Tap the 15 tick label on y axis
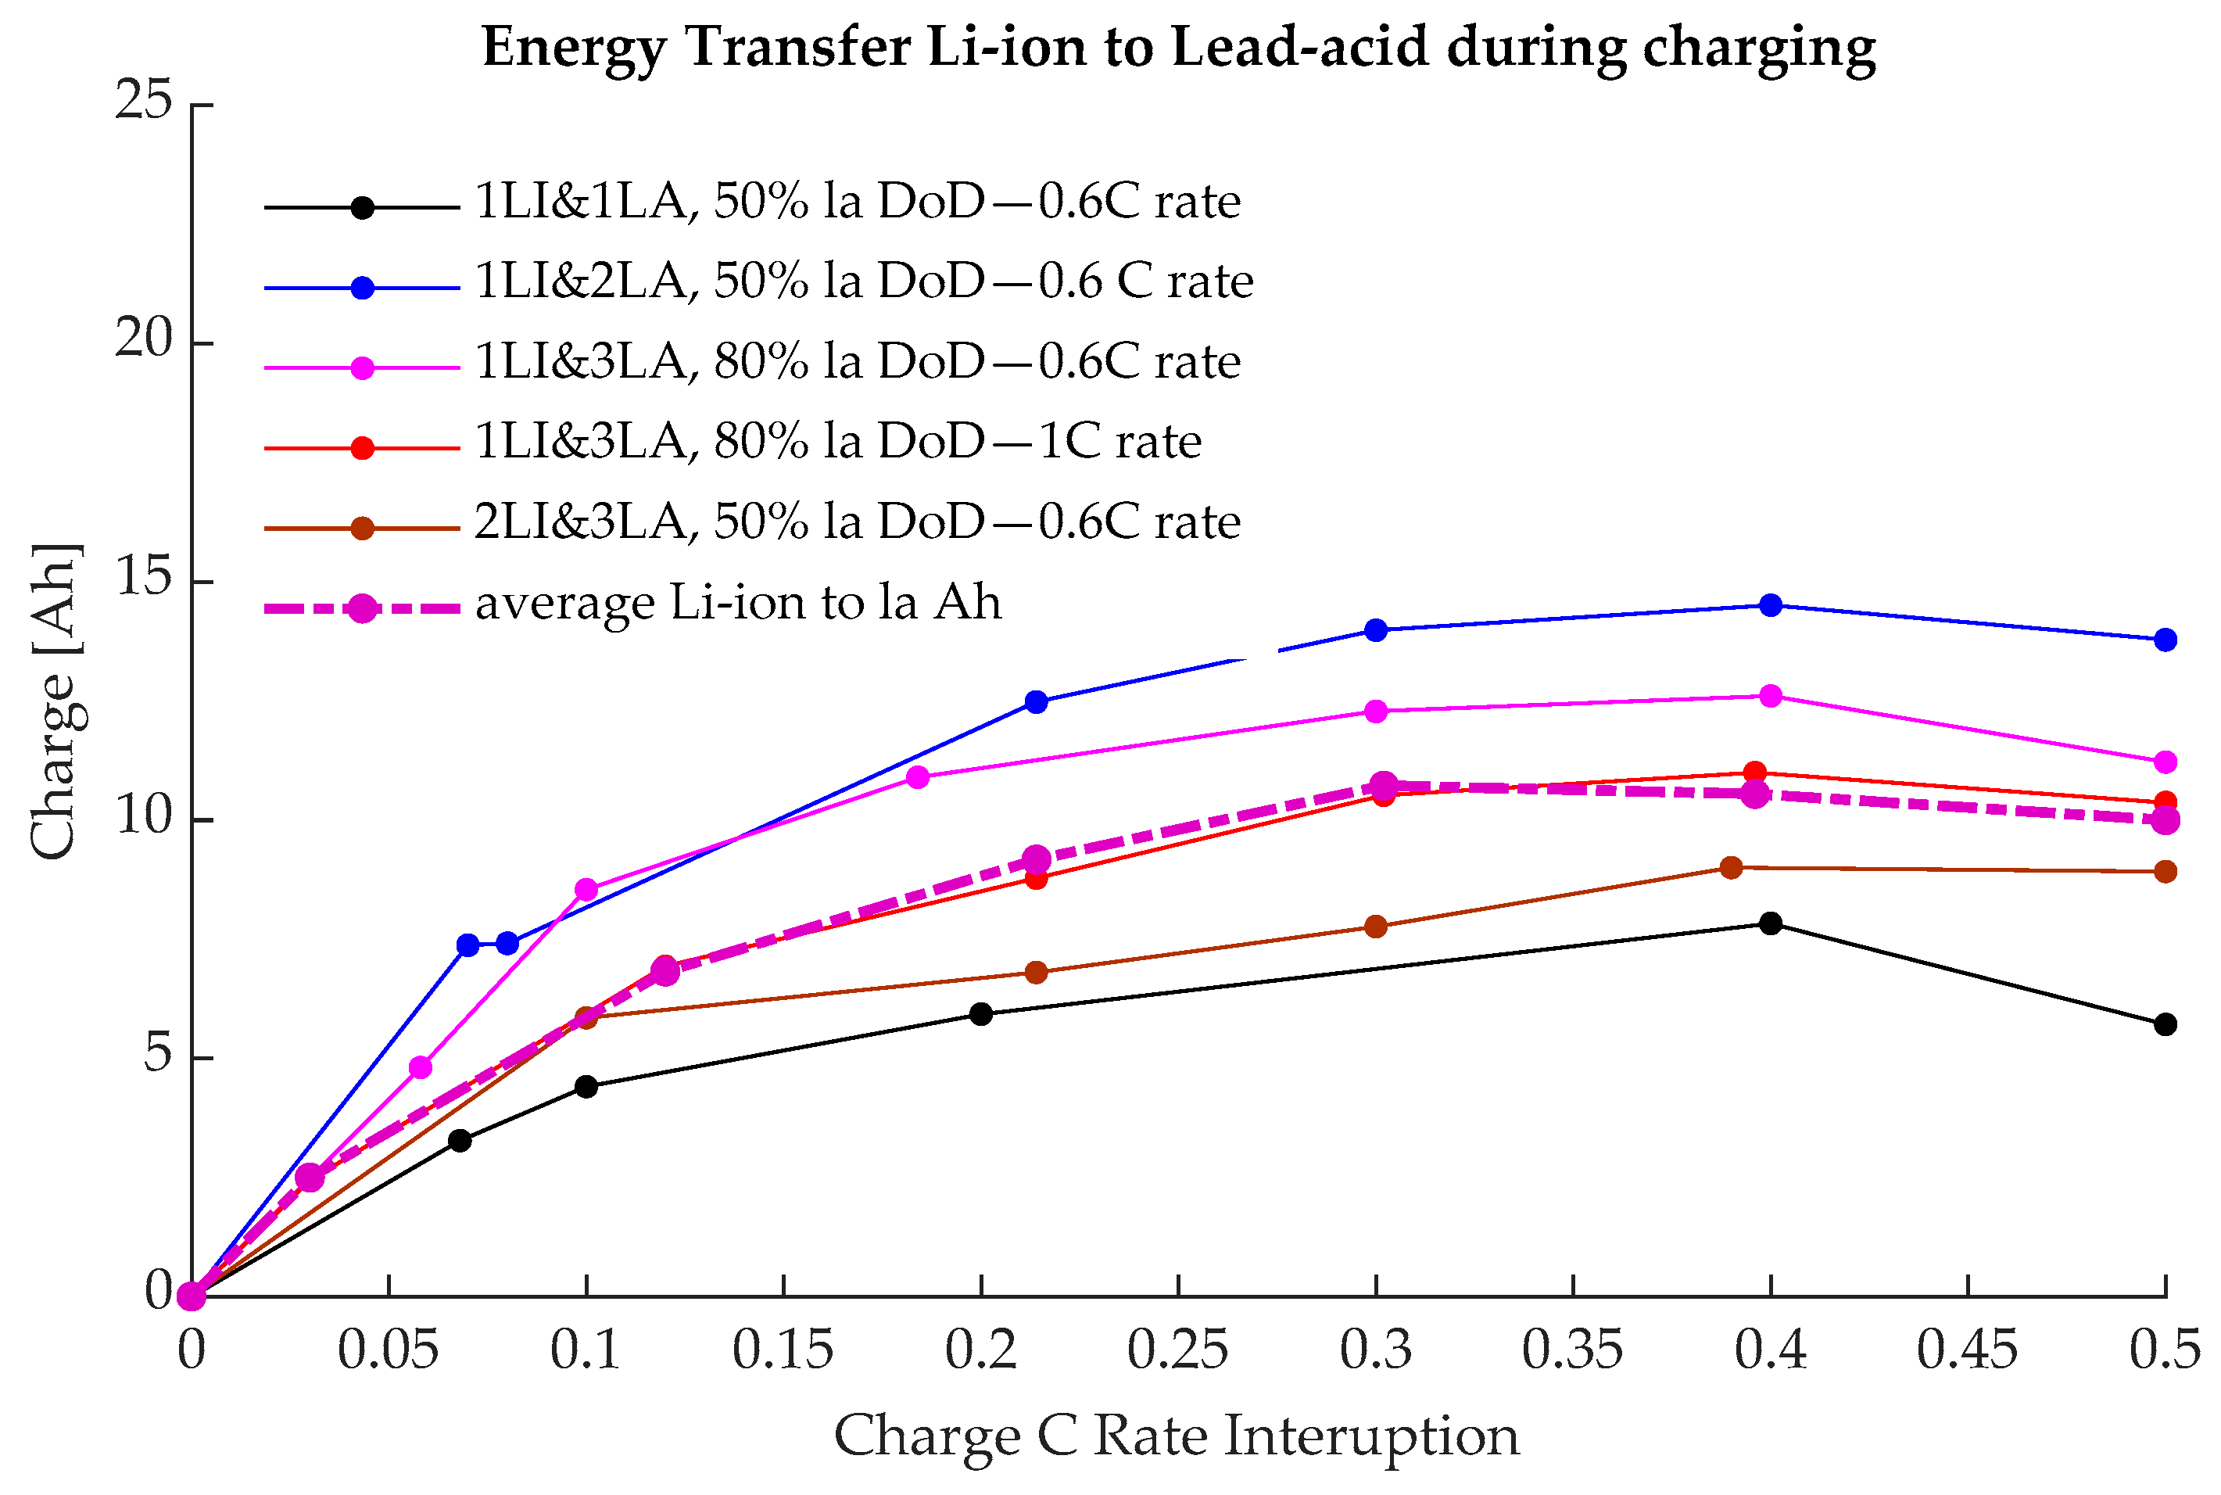point(144,578)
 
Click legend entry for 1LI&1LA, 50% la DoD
point(857,201)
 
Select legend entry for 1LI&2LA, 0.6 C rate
point(862,281)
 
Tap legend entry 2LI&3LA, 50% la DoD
point(857,522)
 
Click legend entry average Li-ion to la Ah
point(738,603)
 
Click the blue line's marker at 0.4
point(1770,605)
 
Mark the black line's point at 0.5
point(2165,1025)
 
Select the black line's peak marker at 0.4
point(1770,923)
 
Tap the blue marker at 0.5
point(2165,640)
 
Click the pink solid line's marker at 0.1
point(586,890)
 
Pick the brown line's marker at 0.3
point(1375,927)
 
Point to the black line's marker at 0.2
point(981,1014)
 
